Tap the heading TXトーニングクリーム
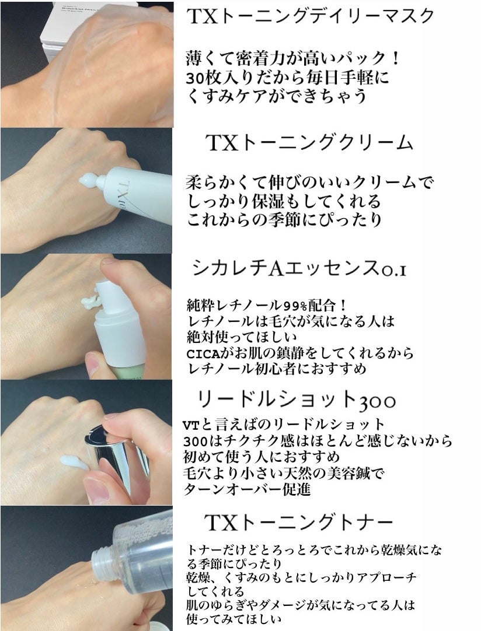pyautogui.click(x=309, y=143)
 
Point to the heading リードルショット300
pyautogui.click(x=297, y=400)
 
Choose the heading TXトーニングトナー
pyautogui.click(x=299, y=521)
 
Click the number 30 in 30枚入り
pyautogui.click(x=194, y=78)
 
